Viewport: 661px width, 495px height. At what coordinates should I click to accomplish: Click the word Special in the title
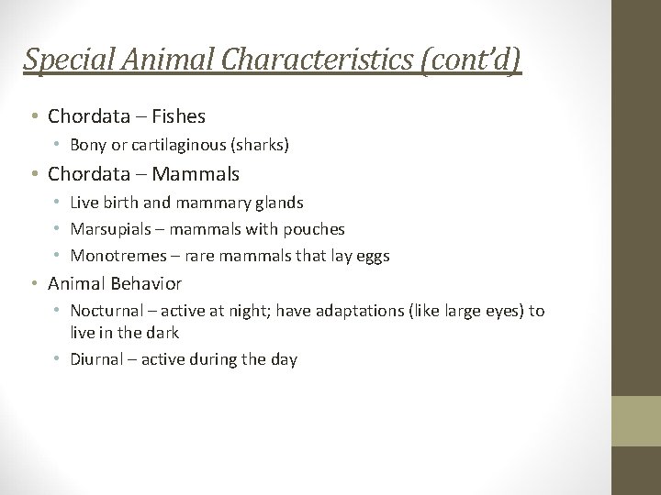point(60,60)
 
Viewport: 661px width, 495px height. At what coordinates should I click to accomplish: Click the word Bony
point(89,145)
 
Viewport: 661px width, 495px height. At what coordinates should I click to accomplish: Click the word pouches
point(315,229)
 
